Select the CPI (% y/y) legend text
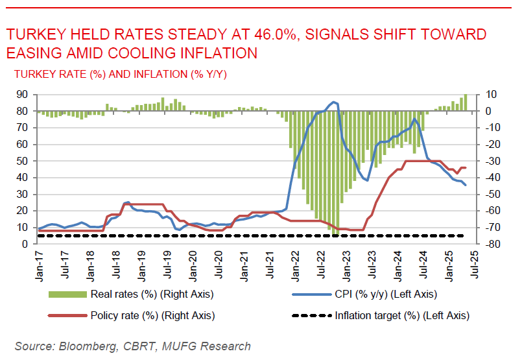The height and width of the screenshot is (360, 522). click(386, 294)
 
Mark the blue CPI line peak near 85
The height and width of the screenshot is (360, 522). click(333, 102)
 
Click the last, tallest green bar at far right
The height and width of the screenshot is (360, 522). click(465, 102)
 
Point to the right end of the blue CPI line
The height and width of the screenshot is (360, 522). click(465, 186)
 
